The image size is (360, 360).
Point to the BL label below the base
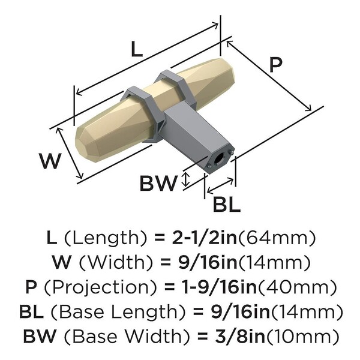[x=226, y=205]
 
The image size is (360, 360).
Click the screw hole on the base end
[x=218, y=159]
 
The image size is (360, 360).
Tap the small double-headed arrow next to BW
[x=186, y=178]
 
